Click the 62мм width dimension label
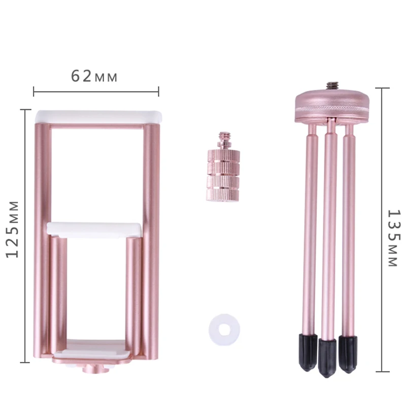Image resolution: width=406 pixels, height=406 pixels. (x=94, y=77)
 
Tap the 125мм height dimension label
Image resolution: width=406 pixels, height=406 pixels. (x=13, y=229)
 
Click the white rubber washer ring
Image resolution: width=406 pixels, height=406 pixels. (x=224, y=329)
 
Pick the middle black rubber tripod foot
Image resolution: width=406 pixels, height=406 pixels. (x=327, y=358)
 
